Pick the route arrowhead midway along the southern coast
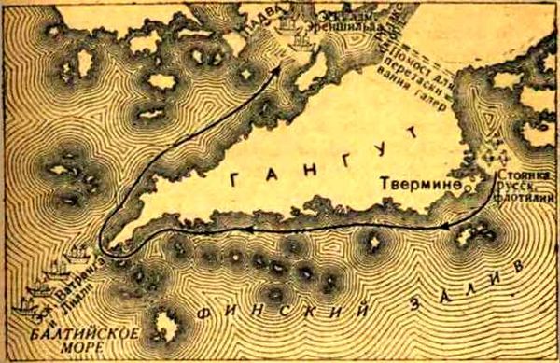247,228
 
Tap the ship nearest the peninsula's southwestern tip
80,252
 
